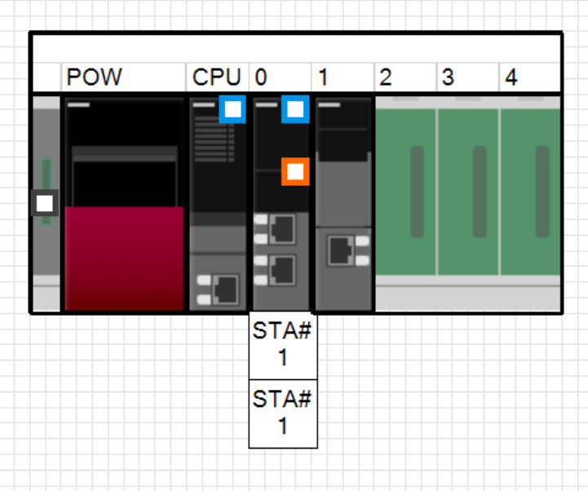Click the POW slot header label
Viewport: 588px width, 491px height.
tap(94, 77)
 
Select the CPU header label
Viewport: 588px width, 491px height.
tap(216, 77)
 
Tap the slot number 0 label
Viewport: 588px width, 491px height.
tap(261, 77)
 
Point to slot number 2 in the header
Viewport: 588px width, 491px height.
tap(386, 77)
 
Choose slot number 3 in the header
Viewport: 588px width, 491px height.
tap(448, 77)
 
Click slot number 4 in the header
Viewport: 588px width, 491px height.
tap(511, 77)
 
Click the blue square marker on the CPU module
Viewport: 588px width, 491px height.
tap(232, 109)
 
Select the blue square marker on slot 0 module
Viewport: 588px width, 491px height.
tap(295, 109)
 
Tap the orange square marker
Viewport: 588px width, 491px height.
tap(295, 172)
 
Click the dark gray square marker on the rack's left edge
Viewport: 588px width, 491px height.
tap(45, 203)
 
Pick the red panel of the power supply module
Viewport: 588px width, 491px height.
tap(124, 258)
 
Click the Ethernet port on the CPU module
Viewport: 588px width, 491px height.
tap(226, 290)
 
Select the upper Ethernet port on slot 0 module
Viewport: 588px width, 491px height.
tap(282, 229)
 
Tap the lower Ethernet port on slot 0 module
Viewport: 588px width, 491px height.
tap(282, 270)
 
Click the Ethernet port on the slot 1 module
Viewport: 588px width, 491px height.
tap(341, 250)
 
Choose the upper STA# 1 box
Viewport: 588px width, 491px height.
tap(283, 346)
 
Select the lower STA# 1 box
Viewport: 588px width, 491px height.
tap(283, 414)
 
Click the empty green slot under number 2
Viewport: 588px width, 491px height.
tap(406, 192)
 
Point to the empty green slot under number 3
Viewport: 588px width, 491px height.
tap(468, 192)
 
